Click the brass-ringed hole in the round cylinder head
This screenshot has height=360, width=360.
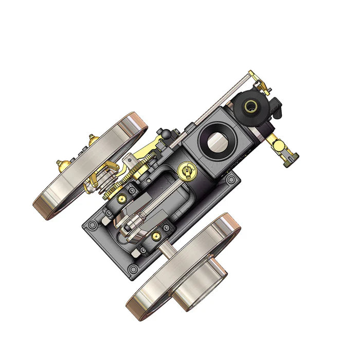[x=252, y=106]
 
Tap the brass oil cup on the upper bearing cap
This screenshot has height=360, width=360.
[x=121, y=196]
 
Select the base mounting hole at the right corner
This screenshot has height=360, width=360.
[x=231, y=180]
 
